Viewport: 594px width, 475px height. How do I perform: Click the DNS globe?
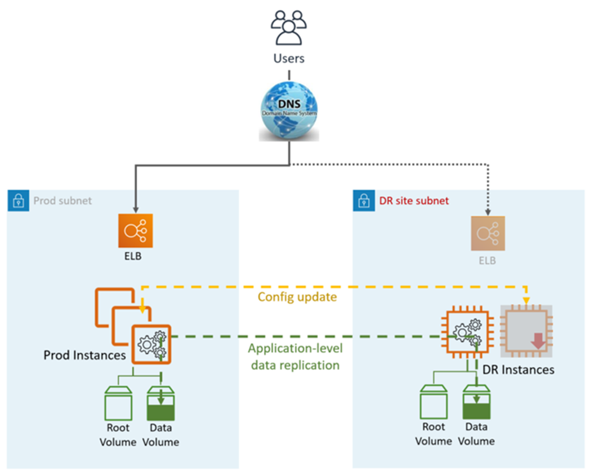click(x=288, y=113)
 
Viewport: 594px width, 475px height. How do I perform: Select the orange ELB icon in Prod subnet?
click(x=135, y=230)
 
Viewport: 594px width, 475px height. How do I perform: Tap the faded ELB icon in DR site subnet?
click(x=488, y=233)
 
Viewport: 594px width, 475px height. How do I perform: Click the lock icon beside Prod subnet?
click(x=17, y=201)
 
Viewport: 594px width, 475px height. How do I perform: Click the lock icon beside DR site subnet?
click(x=362, y=201)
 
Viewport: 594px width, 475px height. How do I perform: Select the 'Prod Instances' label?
click(x=84, y=355)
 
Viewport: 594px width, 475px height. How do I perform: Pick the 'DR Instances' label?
click(x=518, y=370)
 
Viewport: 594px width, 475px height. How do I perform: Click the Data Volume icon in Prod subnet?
click(x=160, y=403)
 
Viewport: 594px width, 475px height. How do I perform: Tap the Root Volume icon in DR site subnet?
click(x=434, y=403)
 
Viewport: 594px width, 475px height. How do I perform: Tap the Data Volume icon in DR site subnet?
click(x=476, y=403)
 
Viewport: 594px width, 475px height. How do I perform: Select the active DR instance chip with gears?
click(x=467, y=336)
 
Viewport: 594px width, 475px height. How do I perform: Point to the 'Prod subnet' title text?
click(x=62, y=201)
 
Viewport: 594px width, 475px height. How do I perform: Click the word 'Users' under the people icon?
click(x=288, y=57)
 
